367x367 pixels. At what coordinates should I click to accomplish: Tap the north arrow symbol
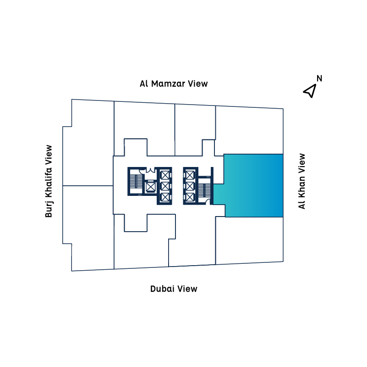tap(310, 90)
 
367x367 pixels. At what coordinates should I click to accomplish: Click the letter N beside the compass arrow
tap(319, 78)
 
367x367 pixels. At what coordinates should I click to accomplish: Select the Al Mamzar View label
tap(174, 84)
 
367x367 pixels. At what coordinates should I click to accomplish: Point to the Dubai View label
tap(174, 289)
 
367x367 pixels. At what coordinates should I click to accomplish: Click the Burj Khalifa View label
tap(49, 181)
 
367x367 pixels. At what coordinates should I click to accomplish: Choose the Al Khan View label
tap(301, 181)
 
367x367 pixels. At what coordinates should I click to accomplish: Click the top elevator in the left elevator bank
tap(164, 175)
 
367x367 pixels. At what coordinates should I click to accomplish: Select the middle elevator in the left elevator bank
tap(164, 186)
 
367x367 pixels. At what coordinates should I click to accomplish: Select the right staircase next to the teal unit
tap(205, 188)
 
